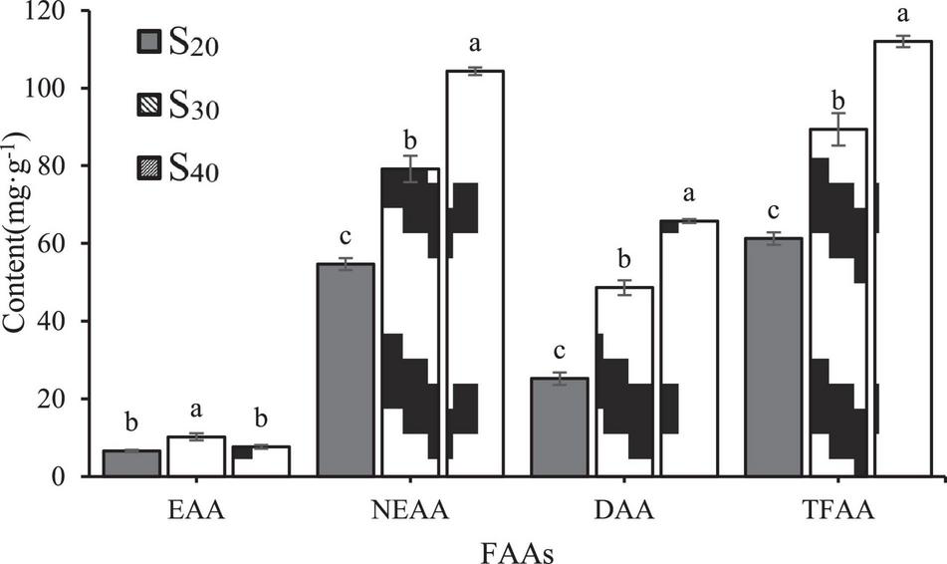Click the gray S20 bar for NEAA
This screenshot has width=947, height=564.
[x=345, y=370]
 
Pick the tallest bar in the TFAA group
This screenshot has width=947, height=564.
[x=902, y=259]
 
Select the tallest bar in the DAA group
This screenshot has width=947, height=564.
[x=689, y=349]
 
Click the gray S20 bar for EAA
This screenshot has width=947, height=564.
[x=131, y=463]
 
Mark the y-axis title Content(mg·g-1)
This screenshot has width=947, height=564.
[x=17, y=243]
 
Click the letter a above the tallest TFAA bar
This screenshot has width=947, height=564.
[x=904, y=15]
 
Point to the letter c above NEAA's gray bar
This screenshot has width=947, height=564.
[x=345, y=238]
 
